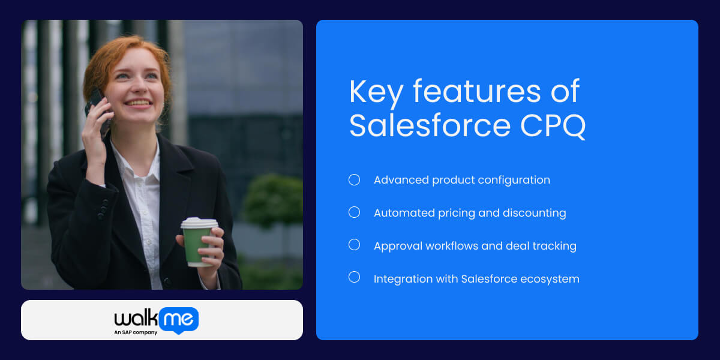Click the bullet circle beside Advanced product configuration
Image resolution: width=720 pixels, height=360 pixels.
355,179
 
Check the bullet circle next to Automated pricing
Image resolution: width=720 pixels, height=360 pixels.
355,212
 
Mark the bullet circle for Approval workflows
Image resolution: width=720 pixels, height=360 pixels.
355,245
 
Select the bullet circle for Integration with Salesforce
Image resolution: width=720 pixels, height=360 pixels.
355,277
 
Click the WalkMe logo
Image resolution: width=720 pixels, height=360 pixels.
156,319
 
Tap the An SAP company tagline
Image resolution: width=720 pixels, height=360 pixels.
136,332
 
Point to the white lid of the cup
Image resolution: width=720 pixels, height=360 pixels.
199,223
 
